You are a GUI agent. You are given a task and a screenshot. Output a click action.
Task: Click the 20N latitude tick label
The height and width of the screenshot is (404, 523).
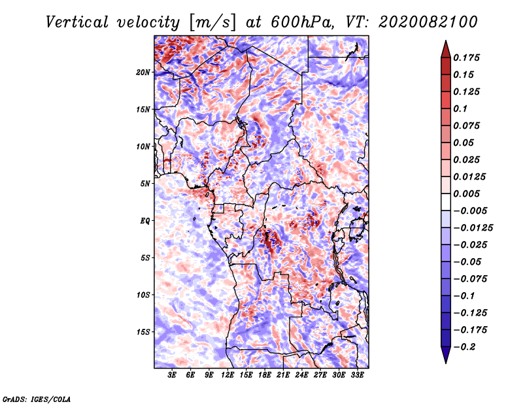[x=143, y=73]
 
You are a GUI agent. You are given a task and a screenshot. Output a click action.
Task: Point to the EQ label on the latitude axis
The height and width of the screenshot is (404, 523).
[x=145, y=221]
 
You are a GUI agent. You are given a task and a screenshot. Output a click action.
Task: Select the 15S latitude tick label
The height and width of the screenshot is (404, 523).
[x=143, y=332]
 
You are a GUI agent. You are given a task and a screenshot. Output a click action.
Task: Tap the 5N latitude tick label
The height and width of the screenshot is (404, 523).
[x=145, y=184]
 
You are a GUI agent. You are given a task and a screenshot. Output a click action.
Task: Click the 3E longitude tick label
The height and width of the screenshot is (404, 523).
[x=172, y=375]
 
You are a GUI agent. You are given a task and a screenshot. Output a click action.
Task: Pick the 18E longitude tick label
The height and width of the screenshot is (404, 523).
[x=265, y=375]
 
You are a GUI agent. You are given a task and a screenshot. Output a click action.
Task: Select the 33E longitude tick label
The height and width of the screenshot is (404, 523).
[x=357, y=375]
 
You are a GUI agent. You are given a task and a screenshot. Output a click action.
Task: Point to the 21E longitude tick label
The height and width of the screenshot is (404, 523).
[x=283, y=375]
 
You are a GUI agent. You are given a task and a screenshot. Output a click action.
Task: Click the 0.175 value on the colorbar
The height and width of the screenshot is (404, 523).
[x=466, y=58]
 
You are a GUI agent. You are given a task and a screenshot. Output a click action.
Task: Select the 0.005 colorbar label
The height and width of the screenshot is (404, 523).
[x=466, y=194]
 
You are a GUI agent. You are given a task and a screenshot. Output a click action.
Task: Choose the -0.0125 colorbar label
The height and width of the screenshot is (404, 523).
[x=473, y=228]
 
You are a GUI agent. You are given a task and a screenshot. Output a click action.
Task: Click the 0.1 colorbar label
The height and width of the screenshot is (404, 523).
[x=460, y=109]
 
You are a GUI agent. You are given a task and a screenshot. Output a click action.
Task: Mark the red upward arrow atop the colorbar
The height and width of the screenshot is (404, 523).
[x=446, y=49]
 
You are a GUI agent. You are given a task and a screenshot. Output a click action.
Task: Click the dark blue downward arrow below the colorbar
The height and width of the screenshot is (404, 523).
[x=446, y=355]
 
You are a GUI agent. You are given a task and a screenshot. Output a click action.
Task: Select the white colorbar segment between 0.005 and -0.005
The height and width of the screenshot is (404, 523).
[x=446, y=202]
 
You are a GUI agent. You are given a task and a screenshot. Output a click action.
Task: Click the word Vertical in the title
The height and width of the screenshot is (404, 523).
[x=77, y=22]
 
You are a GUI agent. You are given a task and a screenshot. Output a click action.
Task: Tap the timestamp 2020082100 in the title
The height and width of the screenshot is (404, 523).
[x=428, y=22]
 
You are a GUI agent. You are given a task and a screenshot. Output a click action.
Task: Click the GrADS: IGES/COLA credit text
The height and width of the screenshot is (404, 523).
[x=37, y=399]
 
